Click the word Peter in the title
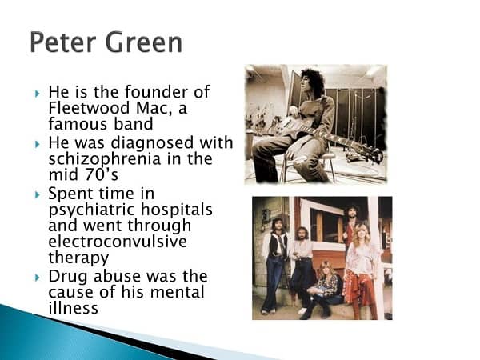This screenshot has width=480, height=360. [x=63, y=42]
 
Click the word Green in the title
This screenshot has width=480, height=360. [x=143, y=42]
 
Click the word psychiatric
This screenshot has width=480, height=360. [x=92, y=210]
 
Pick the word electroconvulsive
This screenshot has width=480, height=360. [x=118, y=242]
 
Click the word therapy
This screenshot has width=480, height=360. [x=78, y=258]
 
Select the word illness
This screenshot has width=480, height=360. [x=73, y=307]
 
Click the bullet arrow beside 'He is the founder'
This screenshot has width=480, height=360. [x=38, y=93]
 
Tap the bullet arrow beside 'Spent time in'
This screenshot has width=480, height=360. [x=38, y=194]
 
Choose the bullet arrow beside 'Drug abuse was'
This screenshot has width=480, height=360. [x=38, y=278]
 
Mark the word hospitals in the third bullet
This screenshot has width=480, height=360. [x=176, y=210]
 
